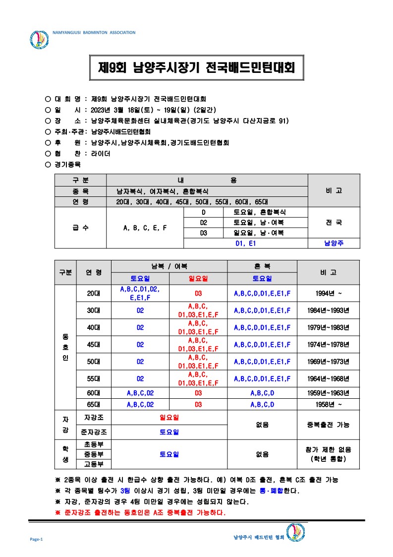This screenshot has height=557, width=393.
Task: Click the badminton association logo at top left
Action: pyautogui.click(x=40, y=40)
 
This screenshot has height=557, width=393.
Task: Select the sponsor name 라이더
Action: pyautogui.click(x=101, y=154)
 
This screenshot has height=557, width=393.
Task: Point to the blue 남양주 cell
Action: pyautogui.click(x=334, y=243)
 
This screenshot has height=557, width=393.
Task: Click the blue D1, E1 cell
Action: pyautogui.click(x=246, y=243)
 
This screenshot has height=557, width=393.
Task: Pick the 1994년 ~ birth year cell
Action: pyautogui.click(x=329, y=293)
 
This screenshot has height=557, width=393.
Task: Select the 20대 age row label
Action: pyautogui.click(x=93, y=293)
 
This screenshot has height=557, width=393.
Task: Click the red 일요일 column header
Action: pyautogui.click(x=198, y=279)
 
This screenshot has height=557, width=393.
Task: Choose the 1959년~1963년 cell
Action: pyautogui.click(x=329, y=393)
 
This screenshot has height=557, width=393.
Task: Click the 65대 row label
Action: pyautogui.click(x=93, y=404)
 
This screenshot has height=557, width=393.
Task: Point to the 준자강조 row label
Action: pyautogui.click(x=94, y=432)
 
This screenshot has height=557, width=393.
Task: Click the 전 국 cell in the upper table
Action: pyautogui.click(x=334, y=223)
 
